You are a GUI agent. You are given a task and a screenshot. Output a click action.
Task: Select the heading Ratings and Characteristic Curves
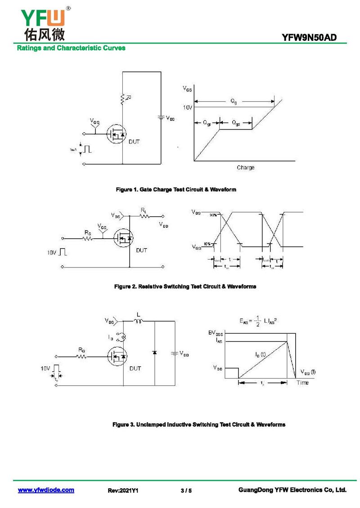pyautogui.click(x=71, y=48)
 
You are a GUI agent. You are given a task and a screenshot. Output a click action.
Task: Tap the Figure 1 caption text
pyautogui.click(x=176, y=190)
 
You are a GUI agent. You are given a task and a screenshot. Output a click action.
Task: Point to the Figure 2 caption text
pyautogui.click(x=185, y=286)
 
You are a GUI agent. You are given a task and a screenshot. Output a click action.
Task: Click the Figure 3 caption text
pyautogui.click(x=198, y=424)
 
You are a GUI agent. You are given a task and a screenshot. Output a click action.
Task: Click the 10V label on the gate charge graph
pyautogui.click(x=188, y=107)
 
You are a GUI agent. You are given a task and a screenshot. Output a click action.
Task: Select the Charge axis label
pyautogui.click(x=245, y=168)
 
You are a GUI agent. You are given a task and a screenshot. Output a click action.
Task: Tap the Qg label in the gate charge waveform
pyautogui.click(x=234, y=101)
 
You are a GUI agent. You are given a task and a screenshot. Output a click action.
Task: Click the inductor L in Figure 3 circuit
pyautogui.click(x=138, y=321)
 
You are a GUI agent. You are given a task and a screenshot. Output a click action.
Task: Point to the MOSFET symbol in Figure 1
pyautogui.click(x=117, y=134)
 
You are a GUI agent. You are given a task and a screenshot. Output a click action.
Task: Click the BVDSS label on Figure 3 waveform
pyautogui.click(x=216, y=334)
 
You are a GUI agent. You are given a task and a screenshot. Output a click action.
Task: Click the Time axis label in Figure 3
pyautogui.click(x=302, y=383)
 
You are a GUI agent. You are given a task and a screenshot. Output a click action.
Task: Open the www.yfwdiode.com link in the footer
pyautogui.click(x=46, y=490)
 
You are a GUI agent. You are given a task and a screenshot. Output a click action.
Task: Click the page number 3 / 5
pyautogui.click(x=186, y=490)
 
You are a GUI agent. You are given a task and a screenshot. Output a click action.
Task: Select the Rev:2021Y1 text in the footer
pyautogui.click(x=123, y=490)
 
